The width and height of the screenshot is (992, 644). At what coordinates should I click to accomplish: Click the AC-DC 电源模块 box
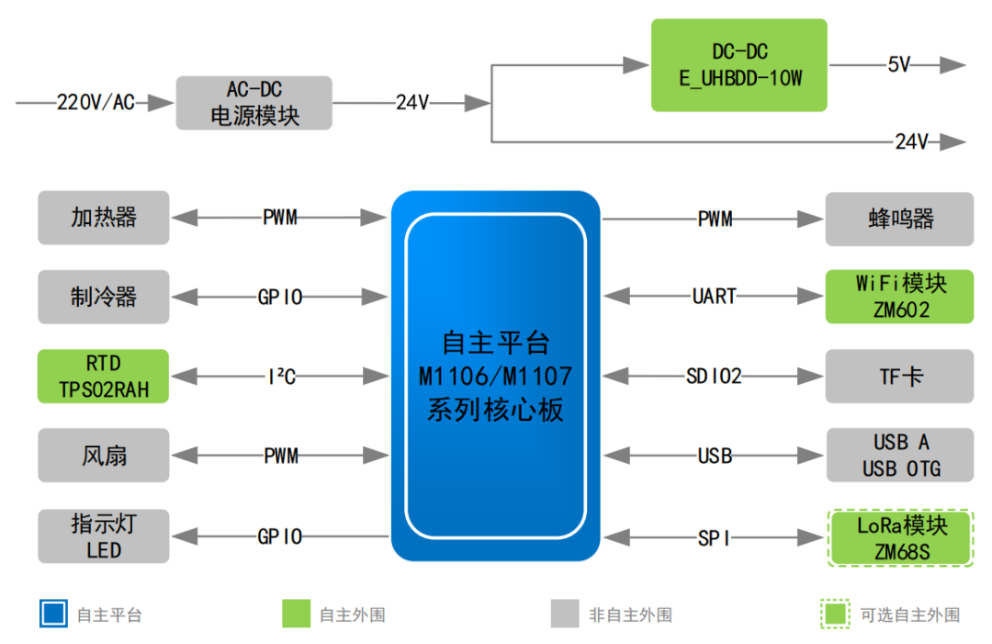[x=254, y=103]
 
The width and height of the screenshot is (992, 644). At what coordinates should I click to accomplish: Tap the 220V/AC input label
[x=96, y=103]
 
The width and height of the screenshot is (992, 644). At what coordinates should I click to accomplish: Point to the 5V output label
[x=898, y=65]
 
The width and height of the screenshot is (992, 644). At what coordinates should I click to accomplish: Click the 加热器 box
[x=104, y=218]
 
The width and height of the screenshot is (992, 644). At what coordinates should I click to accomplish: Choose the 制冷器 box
[x=104, y=297]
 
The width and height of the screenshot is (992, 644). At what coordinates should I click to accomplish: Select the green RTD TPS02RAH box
[x=104, y=376]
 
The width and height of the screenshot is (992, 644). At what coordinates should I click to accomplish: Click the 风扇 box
[x=104, y=455]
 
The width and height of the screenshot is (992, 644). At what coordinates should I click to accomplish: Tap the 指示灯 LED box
[x=104, y=537]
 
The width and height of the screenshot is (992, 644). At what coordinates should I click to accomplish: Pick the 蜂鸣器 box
[x=899, y=219]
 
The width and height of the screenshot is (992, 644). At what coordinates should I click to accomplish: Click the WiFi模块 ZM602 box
[x=899, y=296]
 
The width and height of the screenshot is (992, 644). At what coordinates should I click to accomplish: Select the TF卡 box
[x=899, y=376]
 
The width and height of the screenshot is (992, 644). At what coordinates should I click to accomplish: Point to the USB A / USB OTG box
[x=899, y=455]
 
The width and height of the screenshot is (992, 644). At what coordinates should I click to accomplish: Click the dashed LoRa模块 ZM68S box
[x=899, y=537]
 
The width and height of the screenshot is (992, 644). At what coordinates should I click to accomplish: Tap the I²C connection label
[x=281, y=376]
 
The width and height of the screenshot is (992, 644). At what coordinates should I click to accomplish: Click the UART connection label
[x=714, y=296]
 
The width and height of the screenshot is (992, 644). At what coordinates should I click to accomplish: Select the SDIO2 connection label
[x=714, y=376]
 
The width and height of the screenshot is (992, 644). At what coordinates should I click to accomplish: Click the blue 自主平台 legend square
[x=53, y=614]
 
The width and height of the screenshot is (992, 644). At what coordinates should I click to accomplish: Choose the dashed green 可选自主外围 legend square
[x=835, y=614]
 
